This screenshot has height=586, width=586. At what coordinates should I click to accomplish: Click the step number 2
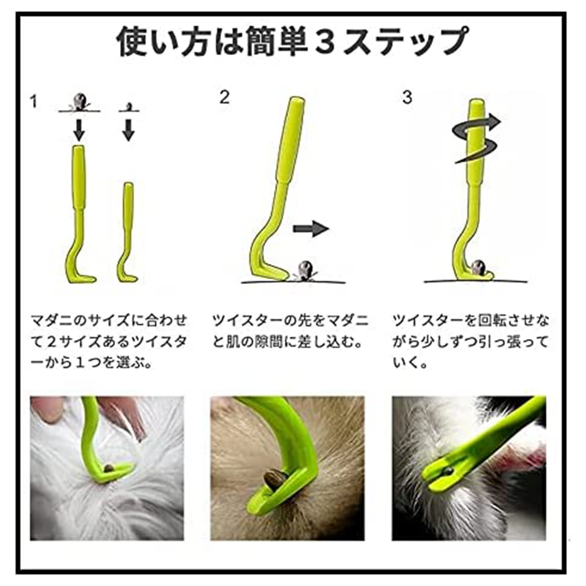(x=224, y=97)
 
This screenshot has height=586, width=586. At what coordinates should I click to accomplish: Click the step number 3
(x=407, y=97)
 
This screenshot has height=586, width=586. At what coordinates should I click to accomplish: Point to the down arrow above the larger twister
(x=79, y=130)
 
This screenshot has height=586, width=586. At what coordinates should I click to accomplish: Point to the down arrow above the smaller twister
(x=129, y=130)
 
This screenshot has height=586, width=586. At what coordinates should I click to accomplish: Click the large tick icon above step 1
(x=79, y=101)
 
